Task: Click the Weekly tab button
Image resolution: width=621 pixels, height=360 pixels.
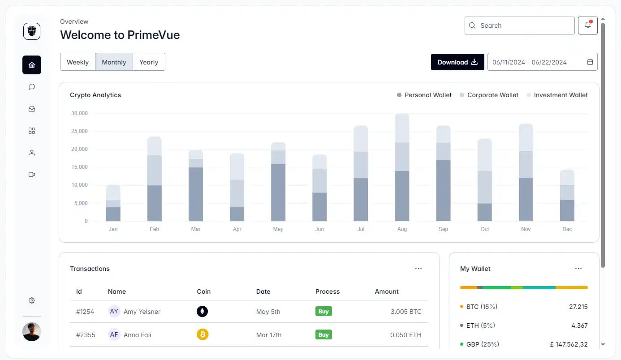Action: click(78, 62)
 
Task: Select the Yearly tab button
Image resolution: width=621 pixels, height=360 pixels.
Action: click(149, 62)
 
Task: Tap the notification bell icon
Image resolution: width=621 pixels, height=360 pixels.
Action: click(587, 26)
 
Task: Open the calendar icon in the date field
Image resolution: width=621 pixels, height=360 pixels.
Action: click(590, 62)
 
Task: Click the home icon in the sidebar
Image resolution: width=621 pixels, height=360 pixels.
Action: click(32, 65)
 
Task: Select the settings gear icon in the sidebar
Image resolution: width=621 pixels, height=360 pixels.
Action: click(32, 300)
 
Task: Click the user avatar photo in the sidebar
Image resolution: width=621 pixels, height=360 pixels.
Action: click(32, 332)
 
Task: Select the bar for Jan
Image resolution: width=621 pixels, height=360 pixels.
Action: click(113, 204)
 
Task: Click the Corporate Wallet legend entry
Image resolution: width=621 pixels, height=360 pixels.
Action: click(489, 95)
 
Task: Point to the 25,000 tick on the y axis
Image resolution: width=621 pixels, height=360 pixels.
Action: click(79, 131)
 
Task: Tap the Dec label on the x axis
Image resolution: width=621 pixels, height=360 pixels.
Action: click(567, 229)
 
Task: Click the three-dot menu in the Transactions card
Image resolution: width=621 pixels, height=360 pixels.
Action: click(418, 269)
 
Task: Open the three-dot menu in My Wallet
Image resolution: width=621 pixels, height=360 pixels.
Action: click(578, 269)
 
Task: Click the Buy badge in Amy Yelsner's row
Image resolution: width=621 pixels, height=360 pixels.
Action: click(323, 312)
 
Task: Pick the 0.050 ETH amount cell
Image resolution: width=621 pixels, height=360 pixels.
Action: click(405, 335)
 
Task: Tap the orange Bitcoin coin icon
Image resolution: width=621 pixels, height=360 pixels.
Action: click(203, 334)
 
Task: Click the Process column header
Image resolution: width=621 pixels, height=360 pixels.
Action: click(328, 291)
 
